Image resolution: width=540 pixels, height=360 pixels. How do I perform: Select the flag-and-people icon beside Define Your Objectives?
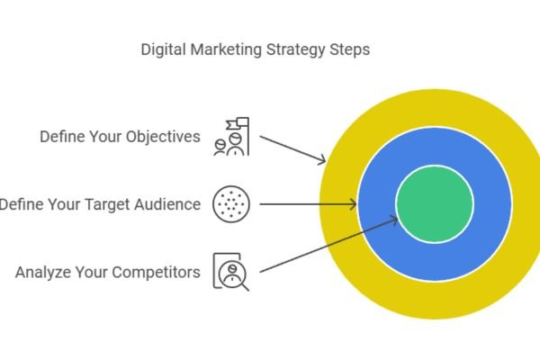coord(230,137)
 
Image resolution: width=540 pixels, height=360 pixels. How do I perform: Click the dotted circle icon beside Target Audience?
coord(229,204)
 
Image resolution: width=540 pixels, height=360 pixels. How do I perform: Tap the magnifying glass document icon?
coord(230,271)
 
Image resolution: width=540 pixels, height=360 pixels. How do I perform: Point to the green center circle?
coord(435,204)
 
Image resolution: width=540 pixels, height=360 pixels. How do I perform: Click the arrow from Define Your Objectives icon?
coord(292,148)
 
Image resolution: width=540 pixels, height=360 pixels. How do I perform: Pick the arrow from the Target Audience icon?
coord(306,204)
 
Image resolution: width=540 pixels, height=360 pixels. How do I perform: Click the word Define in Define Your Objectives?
coord(60,137)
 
